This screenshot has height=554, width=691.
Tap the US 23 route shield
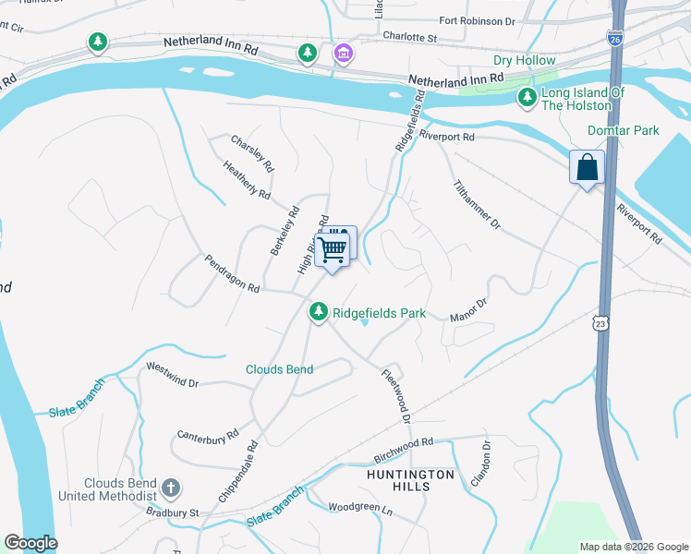point(600,323)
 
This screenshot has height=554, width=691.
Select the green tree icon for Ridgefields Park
point(318,312)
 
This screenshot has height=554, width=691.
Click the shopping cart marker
point(332,248)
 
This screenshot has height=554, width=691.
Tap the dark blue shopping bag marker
point(587,168)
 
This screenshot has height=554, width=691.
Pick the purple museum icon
point(343,54)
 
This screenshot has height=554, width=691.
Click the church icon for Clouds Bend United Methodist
point(170,487)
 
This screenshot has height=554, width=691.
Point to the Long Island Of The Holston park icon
point(527,97)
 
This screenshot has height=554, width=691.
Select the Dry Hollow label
point(524,61)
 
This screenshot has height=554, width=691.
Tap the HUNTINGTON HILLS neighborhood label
point(410,481)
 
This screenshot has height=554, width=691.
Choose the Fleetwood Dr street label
point(394,396)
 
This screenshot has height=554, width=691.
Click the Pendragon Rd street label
point(232,273)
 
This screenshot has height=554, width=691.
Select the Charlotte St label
point(409,37)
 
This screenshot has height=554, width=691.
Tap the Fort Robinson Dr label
point(477,20)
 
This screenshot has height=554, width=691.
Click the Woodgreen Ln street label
point(361,508)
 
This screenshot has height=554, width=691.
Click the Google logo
point(30,543)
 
